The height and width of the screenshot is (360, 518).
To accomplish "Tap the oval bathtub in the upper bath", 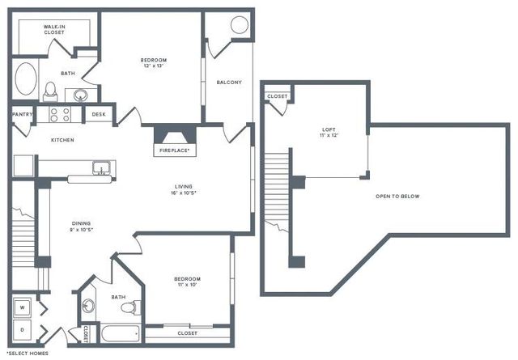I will pyautogui.click(x=26, y=80).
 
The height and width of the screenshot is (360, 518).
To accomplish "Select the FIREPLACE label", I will pyautogui.click(x=172, y=150).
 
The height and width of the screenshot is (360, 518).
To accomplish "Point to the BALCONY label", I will pyautogui.click(x=229, y=83).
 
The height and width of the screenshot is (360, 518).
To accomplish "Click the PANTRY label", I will pyautogui.click(x=22, y=115).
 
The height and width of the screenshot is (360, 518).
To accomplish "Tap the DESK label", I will pyautogui.click(x=99, y=115).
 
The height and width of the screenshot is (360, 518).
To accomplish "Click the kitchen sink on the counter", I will pyautogui.click(x=102, y=168).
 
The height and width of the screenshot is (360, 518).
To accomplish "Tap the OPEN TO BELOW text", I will pyautogui.click(x=397, y=197).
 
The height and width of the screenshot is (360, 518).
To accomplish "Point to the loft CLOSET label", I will pyautogui.click(x=277, y=96).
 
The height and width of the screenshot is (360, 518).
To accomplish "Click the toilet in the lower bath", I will pyautogui.click(x=136, y=307).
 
